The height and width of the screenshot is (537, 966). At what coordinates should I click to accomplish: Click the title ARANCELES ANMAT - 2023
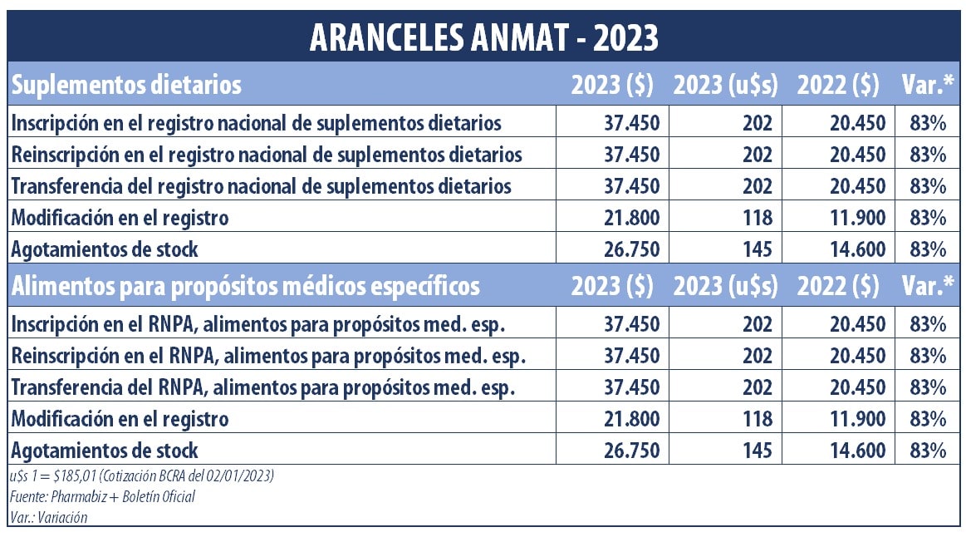(483, 37)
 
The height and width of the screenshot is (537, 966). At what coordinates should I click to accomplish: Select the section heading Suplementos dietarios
(126, 85)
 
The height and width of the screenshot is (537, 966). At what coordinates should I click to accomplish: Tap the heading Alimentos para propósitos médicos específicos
(245, 286)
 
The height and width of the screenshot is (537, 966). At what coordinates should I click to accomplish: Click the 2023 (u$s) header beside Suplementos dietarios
(725, 85)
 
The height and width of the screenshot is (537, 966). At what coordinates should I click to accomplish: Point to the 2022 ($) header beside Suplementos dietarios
(838, 85)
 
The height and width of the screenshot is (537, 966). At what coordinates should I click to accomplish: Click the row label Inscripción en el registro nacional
(256, 123)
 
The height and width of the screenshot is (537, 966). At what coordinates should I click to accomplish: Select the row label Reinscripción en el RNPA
(268, 356)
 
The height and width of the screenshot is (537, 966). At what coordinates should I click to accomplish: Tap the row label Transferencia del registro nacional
(261, 186)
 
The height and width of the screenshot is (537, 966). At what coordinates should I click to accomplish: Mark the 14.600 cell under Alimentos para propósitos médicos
(857, 451)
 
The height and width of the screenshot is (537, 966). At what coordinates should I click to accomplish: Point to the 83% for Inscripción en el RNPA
(928, 324)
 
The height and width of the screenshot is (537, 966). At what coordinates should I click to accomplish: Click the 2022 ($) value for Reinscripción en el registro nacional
(857, 155)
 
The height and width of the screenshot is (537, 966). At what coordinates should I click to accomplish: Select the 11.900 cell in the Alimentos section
(857, 419)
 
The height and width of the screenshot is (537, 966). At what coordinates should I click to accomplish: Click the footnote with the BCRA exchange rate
(142, 476)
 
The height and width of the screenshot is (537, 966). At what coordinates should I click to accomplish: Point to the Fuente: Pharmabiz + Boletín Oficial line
(103, 497)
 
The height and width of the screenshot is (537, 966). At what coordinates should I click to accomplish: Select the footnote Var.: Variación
(49, 517)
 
